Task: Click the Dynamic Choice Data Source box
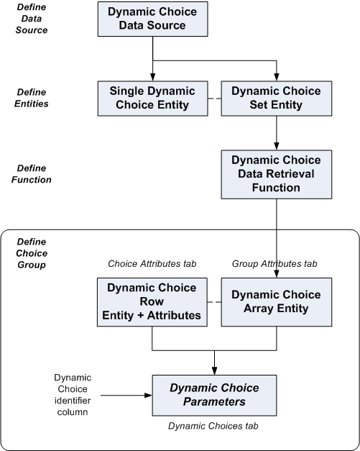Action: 152,19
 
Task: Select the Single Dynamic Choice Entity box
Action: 152,98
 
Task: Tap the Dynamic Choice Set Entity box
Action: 276,98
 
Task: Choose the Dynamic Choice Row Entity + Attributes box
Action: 152,301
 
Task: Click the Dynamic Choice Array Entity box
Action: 276,301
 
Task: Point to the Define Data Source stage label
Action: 32,19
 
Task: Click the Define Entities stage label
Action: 32,98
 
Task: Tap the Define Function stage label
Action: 32,173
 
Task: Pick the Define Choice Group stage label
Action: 32,253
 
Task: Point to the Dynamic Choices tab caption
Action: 213,427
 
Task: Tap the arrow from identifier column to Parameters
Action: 126,395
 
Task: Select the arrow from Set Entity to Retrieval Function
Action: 276,133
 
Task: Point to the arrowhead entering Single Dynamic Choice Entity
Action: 152,76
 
